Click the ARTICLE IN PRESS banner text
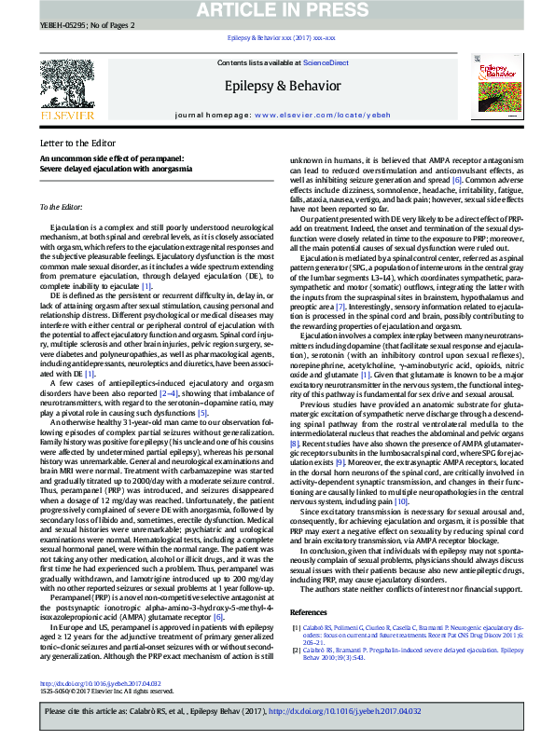[x=277, y=11]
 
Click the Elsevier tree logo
[x=65, y=87]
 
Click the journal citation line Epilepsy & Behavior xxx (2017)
[x=276, y=37]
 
